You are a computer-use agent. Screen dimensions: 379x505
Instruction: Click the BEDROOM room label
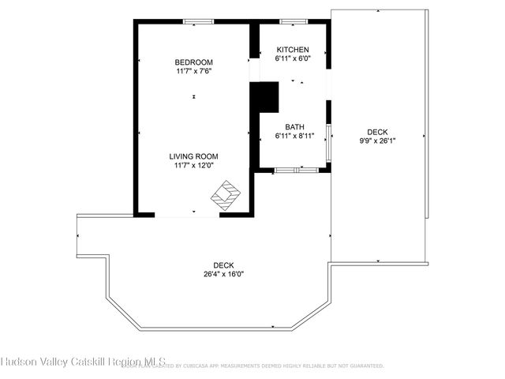coord(193,62)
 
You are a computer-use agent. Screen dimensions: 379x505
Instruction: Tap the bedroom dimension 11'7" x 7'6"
coord(193,71)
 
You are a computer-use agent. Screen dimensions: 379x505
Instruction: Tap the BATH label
coord(294,126)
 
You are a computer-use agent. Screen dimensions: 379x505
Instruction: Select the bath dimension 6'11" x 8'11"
coord(294,136)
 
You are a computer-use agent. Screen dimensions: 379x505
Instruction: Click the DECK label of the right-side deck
coord(377,132)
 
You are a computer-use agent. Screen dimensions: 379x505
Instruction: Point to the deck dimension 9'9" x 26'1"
coord(377,141)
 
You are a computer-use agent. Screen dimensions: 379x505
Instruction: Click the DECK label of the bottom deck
coord(223,265)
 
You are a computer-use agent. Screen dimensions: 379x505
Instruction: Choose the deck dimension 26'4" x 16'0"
coord(223,275)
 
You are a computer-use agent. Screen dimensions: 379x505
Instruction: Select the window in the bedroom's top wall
coord(196,21)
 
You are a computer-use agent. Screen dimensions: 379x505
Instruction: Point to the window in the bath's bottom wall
coord(298,169)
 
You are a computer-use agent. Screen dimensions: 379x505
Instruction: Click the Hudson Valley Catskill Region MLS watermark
coord(83,364)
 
